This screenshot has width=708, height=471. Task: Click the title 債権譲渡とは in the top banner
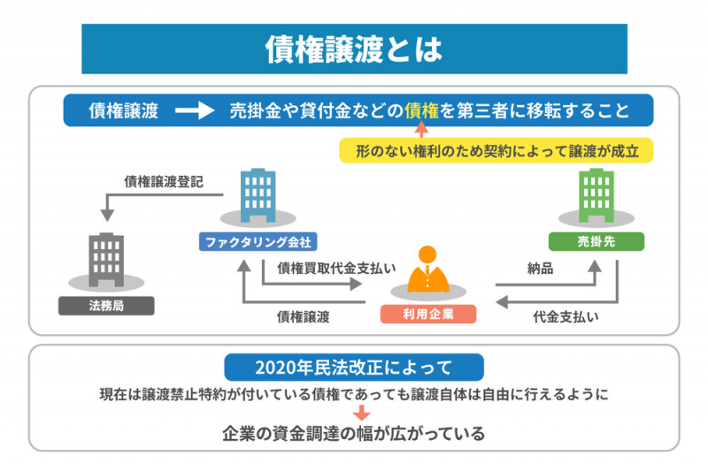(354, 49)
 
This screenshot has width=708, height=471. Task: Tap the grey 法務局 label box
(106, 306)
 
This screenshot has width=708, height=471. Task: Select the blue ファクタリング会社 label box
(258, 241)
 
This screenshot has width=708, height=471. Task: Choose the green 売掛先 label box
(596, 241)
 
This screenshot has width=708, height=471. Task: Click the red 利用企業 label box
(427, 314)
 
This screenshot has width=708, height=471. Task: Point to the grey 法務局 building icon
(106, 260)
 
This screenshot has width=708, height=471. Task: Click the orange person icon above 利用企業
(427, 270)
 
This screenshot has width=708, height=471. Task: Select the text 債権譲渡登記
(164, 182)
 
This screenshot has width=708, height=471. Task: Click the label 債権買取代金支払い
(336, 267)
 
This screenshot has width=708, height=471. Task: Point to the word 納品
(540, 269)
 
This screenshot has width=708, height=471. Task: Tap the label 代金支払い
(565, 315)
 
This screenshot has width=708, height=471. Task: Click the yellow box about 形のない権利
(496, 150)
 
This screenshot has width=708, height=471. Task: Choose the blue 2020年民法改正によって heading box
(353, 367)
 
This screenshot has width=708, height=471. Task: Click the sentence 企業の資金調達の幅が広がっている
(353, 433)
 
